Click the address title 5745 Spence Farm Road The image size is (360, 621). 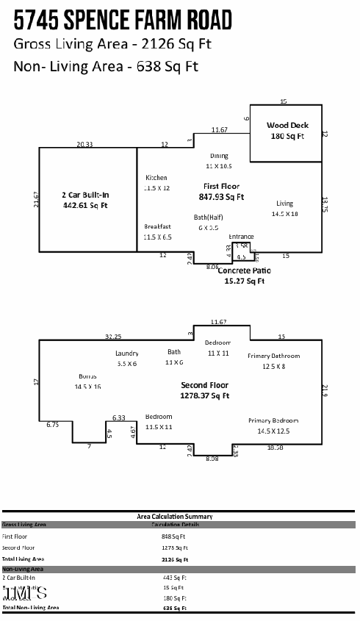click(122, 18)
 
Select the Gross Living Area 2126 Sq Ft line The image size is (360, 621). click(112, 44)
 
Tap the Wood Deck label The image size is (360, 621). click(287, 126)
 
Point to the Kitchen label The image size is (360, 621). click(156, 178)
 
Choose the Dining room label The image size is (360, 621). click(219, 156)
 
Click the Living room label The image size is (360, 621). click(284, 204)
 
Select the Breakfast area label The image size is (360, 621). click(157, 226)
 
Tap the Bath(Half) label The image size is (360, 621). click(209, 218)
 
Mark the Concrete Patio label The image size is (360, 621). click(244, 271)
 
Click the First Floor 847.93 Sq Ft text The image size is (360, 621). click(220, 192)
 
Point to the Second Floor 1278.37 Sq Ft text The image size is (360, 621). click(205, 390)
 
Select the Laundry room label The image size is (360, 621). click(127, 353)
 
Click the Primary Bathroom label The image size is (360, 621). click(273, 356)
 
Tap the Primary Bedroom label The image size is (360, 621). click(273, 420)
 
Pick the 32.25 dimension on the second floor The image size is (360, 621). click(112, 337)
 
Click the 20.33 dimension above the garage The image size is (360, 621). click(84, 145)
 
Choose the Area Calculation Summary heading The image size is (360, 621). click(175, 517)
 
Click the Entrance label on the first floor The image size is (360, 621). click(241, 237)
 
